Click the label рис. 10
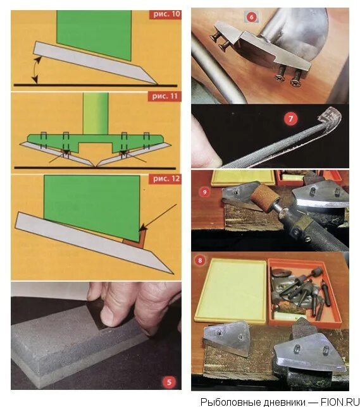click(165, 15)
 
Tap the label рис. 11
click(164, 97)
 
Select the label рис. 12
click(165, 179)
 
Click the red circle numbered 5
click(169, 382)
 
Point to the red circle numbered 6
click(251, 17)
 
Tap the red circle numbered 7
click(290, 119)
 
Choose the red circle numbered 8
click(200, 260)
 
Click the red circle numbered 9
click(205, 192)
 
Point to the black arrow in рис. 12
click(158, 218)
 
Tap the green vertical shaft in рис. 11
click(96, 114)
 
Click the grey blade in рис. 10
click(95, 63)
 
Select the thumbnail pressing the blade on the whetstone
click(109, 318)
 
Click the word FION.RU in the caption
click(340, 402)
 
